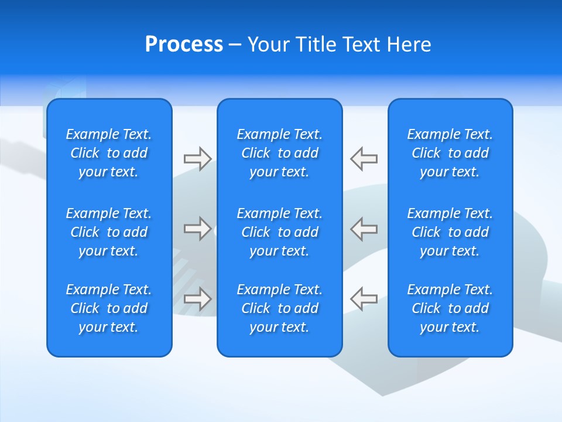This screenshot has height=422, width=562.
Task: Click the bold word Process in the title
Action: pyautogui.click(x=184, y=45)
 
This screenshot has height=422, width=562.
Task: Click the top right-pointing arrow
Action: pyautogui.click(x=197, y=159)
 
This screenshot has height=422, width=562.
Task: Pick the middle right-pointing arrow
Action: pyautogui.click(x=197, y=229)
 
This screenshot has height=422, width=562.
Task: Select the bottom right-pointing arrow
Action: pyautogui.click(x=197, y=298)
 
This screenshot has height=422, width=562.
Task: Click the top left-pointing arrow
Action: pyautogui.click(x=364, y=159)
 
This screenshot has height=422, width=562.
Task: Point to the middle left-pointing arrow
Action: pyautogui.click(x=364, y=229)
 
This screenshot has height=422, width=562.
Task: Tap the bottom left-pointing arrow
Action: pyautogui.click(x=364, y=298)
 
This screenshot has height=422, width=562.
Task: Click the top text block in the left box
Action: pyautogui.click(x=109, y=153)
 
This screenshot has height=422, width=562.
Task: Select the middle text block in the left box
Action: pyautogui.click(x=109, y=232)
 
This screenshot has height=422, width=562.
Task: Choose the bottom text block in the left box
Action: pyautogui.click(x=109, y=308)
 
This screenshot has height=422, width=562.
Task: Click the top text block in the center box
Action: pyautogui.click(x=279, y=153)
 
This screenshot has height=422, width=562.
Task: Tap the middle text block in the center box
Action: pyautogui.click(x=279, y=232)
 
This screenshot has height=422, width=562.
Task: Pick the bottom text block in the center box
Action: pyautogui.click(x=279, y=308)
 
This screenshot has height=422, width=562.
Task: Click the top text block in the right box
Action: pyautogui.click(x=450, y=153)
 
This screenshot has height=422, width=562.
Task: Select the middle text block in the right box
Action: pyautogui.click(x=450, y=232)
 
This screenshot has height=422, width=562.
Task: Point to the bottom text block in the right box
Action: pyautogui.click(x=450, y=308)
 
